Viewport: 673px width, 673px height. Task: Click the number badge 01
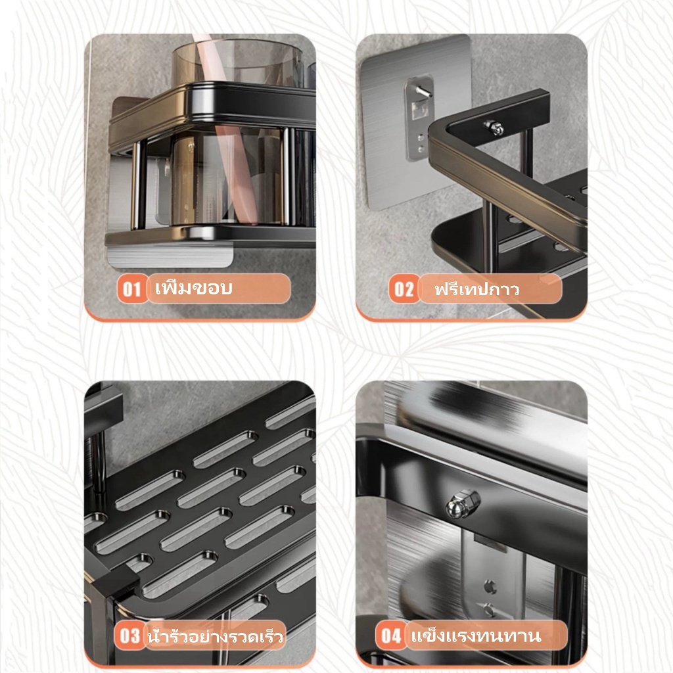point(132,289)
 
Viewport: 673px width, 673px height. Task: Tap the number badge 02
point(404,289)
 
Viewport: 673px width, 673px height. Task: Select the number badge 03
point(129,636)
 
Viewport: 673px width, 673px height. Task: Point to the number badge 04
point(390,636)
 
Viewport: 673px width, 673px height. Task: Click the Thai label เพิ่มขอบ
point(194,288)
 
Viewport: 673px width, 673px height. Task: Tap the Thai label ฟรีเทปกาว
point(476,289)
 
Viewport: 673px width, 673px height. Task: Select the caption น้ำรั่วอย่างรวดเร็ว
point(215,636)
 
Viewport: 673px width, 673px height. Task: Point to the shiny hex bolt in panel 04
point(458,506)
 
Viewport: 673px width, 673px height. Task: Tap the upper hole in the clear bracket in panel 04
point(490,585)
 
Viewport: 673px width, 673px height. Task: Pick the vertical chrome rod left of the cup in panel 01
point(137,185)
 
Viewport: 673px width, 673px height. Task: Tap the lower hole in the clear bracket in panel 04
point(488,608)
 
